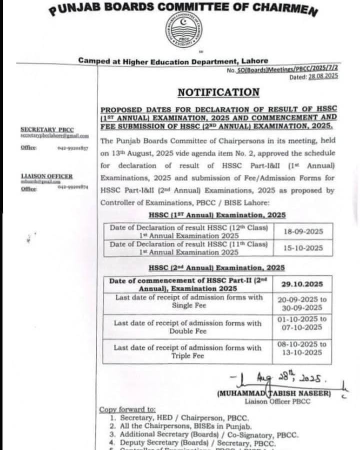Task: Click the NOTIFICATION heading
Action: click(218, 92)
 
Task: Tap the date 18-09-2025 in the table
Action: click(303, 231)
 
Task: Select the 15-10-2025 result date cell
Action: click(303, 247)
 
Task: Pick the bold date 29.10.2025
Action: click(302, 284)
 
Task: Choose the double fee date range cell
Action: click(302, 323)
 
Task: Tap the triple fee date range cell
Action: click(302, 348)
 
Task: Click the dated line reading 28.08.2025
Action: click(313, 76)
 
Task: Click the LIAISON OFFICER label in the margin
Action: click(46, 176)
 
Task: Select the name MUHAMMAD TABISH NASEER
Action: click(274, 393)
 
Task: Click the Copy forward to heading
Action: click(127, 409)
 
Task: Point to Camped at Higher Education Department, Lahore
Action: click(173, 60)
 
